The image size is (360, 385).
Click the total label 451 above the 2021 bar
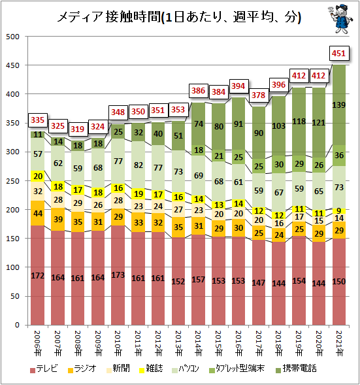coord(338,54)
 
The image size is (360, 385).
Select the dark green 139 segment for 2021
coord(339,105)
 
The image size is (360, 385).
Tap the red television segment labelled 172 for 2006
coord(37,275)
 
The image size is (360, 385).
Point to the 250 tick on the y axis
coord(12,181)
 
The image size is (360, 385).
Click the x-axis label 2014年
coord(198,343)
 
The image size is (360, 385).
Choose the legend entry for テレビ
coord(44,369)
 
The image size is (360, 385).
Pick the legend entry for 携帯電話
coord(296,369)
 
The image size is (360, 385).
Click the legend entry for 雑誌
coord(151,369)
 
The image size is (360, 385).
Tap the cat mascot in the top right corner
coord(340,19)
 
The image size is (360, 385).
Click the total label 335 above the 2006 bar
coord(37,120)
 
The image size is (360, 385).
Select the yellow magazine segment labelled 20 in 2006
coord(37,176)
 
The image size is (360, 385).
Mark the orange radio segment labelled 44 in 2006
coord(37,213)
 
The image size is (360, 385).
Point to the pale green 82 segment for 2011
coord(138,165)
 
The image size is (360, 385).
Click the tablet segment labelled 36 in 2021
coord(339,156)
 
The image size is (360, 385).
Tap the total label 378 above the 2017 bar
coord(259,95)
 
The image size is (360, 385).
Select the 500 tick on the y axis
coord(12,37)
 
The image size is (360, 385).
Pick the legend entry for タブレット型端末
coord(237,369)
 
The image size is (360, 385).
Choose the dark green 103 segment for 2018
coord(278,126)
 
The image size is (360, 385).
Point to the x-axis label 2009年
coord(97,343)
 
